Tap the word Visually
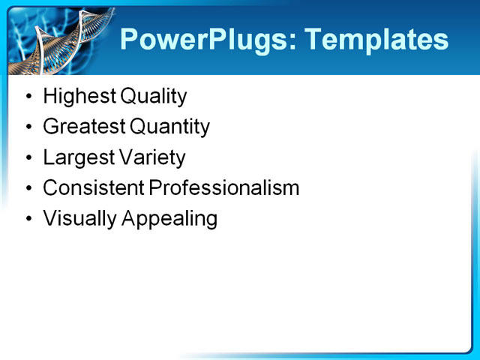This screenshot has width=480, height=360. [74, 219]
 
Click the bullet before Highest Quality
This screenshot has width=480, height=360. [28, 97]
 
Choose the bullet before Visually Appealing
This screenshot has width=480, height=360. [28, 220]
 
